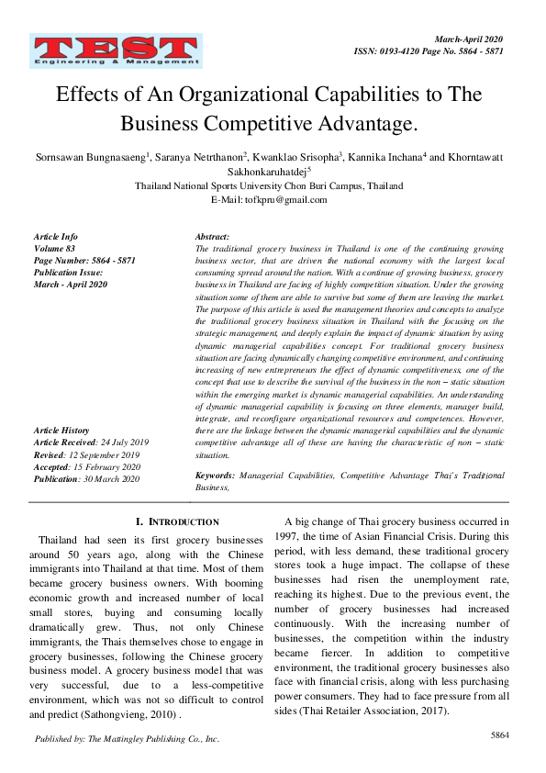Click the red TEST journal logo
[x=115, y=51]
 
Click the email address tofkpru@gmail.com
[x=294, y=198]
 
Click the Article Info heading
[x=55, y=237]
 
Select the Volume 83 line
[x=53, y=249]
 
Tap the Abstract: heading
[x=213, y=237]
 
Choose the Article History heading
[x=61, y=430]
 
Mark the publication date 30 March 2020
[x=114, y=477]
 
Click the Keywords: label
[x=216, y=476]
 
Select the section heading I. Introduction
[x=177, y=521]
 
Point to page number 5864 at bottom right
[x=500, y=735]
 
